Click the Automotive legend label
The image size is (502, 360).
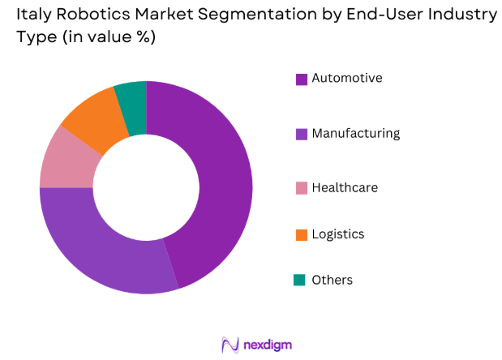click(x=346, y=79)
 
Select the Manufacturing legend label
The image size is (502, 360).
click(x=355, y=133)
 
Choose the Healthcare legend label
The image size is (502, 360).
click(x=345, y=187)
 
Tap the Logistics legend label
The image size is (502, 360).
click(x=338, y=234)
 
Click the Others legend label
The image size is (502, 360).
click(x=333, y=280)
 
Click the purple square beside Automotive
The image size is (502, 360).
click(x=301, y=79)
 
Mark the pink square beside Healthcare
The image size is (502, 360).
click(x=301, y=188)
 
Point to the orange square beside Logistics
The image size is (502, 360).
click(x=301, y=234)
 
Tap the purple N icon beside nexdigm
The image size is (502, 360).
click(x=230, y=345)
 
